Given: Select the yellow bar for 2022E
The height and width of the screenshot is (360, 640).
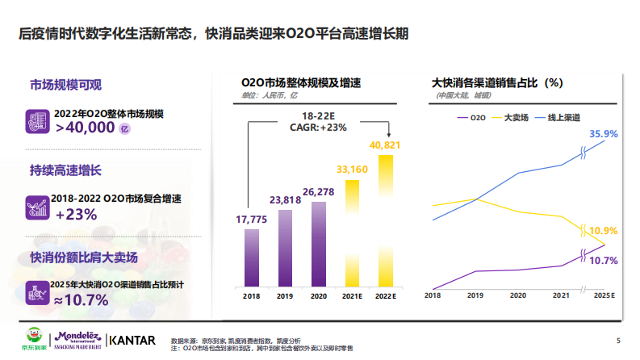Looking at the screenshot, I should coord(386,218).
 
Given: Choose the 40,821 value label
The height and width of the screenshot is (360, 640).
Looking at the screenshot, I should coord(386,144).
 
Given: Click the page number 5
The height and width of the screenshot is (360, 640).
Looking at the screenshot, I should coord(618,340).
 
